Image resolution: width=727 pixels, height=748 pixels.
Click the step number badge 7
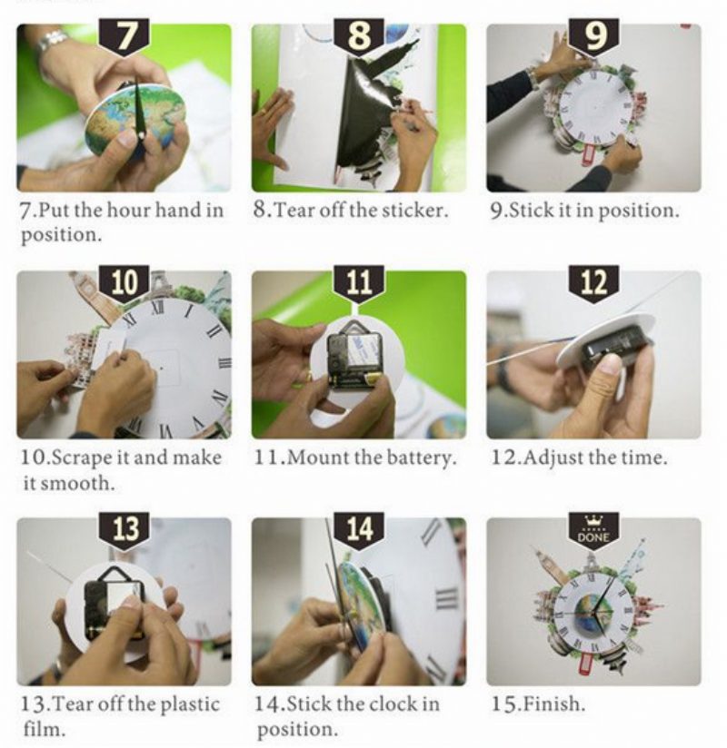pos(124,37)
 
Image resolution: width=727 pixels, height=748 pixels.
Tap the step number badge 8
pos(359,37)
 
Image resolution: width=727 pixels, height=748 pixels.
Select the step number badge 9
pos(593,37)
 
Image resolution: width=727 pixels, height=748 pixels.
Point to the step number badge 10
pos(124,284)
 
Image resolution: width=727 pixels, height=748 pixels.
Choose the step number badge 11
pos(359,284)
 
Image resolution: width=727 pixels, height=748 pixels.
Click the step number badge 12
pos(593,284)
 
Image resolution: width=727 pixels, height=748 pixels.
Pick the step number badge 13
pos(124,531)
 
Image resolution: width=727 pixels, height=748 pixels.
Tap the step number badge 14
pos(359,531)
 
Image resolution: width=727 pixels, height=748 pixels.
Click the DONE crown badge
pos(593,531)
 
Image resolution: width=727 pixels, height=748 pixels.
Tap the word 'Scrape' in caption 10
pos(81,458)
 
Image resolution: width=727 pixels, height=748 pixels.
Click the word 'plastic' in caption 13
pos(190,705)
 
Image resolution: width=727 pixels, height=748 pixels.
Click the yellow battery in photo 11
pos(372,379)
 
